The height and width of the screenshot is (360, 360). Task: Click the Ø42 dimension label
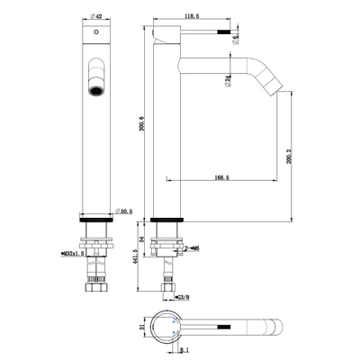(96, 15)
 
